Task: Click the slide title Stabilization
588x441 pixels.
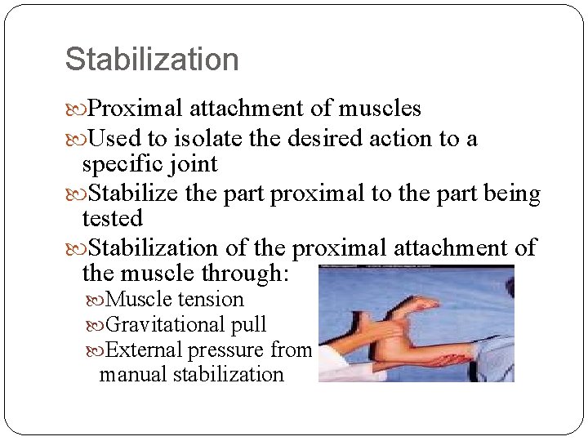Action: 152,60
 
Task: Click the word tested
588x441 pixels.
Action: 112,219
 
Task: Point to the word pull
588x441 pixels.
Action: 248,325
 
